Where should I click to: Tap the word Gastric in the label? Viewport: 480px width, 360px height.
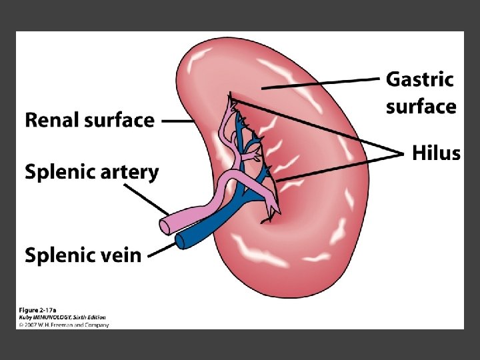click(x=419, y=79)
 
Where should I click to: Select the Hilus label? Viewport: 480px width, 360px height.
click(x=435, y=153)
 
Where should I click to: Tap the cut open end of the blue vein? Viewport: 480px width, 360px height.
click(x=179, y=240)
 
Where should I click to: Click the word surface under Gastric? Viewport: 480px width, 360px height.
click(x=421, y=107)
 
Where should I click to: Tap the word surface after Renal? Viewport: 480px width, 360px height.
click(x=119, y=120)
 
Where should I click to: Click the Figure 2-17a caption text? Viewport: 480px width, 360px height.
click(x=36, y=310)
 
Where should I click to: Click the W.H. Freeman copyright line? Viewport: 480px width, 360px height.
click(x=64, y=325)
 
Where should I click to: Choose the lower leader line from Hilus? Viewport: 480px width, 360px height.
click(x=340, y=167)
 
